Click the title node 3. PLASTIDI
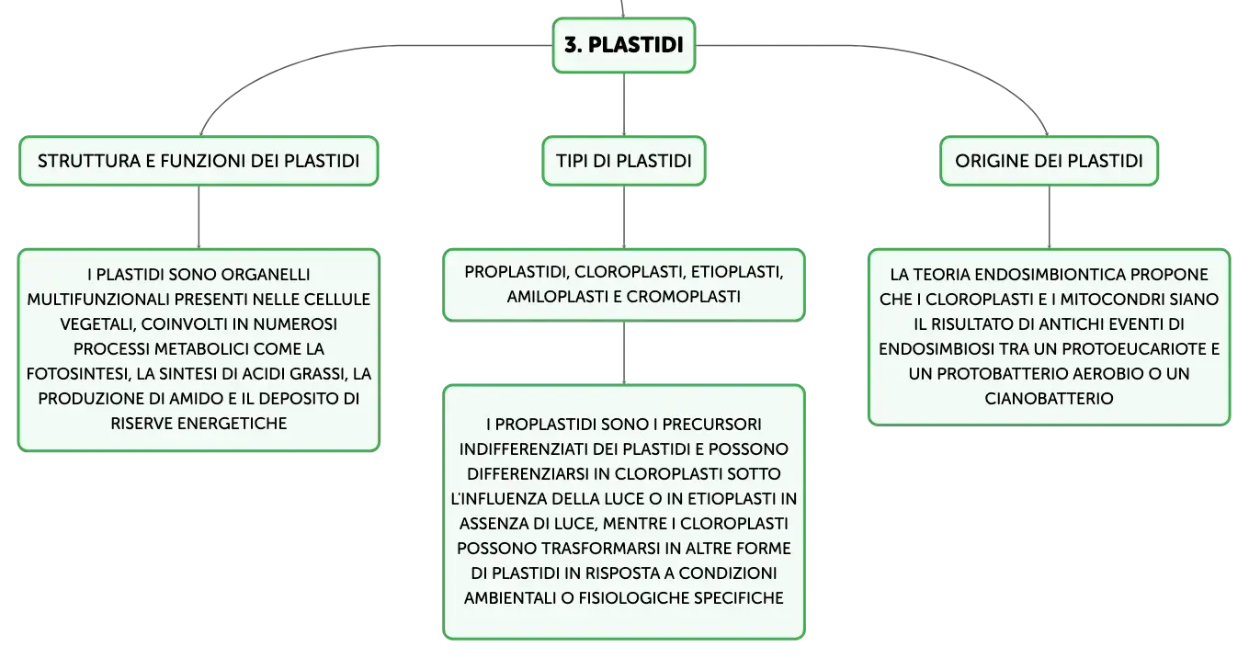coord(624,45)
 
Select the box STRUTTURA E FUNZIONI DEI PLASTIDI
coord(199,161)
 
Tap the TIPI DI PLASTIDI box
coord(624,161)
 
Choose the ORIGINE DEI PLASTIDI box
coord(1049,161)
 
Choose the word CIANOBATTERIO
coord(1049,399)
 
